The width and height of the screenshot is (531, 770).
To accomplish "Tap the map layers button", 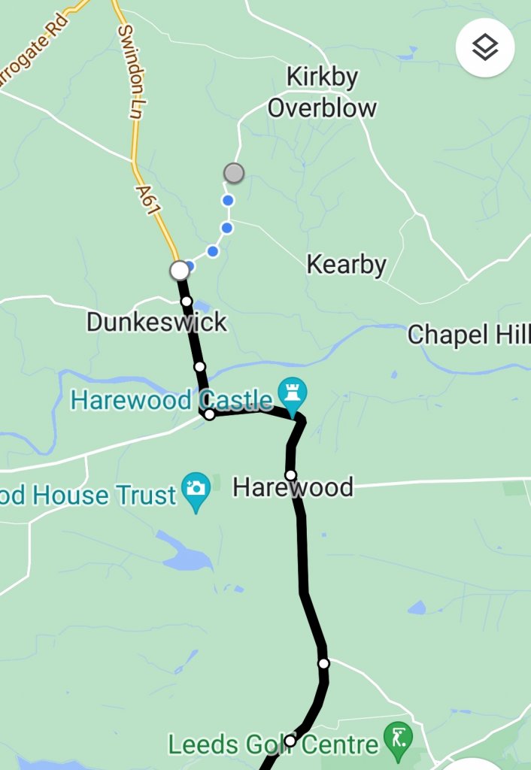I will pyautogui.click(x=485, y=47).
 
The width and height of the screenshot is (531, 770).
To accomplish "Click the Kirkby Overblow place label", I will pyautogui.click(x=322, y=92).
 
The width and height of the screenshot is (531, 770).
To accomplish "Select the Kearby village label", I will pyautogui.click(x=347, y=265).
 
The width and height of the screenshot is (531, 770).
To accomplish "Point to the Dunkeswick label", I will pyautogui.click(x=156, y=322).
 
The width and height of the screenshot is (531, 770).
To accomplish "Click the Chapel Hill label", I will pyautogui.click(x=469, y=335).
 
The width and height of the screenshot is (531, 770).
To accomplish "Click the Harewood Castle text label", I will pyautogui.click(x=172, y=399).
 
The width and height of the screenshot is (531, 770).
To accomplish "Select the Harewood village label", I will pyautogui.click(x=293, y=487).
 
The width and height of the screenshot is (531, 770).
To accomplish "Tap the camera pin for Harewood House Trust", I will pyautogui.click(x=196, y=490).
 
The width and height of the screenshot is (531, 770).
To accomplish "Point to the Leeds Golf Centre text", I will pyautogui.click(x=273, y=745).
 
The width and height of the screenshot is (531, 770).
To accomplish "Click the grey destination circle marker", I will pyautogui.click(x=234, y=173).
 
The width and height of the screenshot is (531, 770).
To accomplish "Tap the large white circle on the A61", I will pyautogui.click(x=179, y=269).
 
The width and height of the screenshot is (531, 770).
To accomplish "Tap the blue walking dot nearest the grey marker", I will pyautogui.click(x=227, y=200).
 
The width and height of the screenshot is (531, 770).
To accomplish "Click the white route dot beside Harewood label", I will pyautogui.click(x=290, y=474).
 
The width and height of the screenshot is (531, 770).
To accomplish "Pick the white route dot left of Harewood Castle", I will pyautogui.click(x=209, y=414).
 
